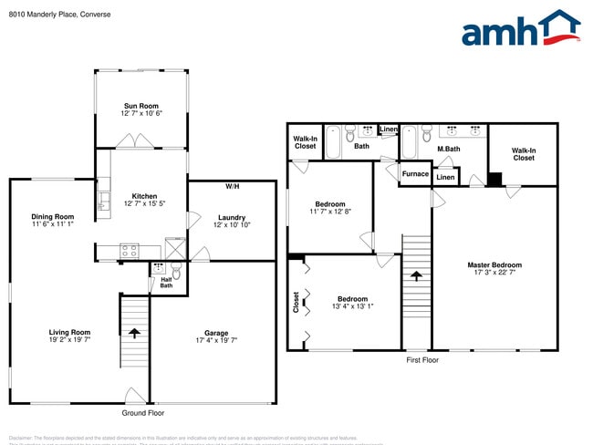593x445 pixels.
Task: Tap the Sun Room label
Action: [140, 107]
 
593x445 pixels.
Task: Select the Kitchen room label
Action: [144, 196]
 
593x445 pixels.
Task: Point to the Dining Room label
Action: [51, 216]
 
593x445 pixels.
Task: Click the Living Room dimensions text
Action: [69, 339]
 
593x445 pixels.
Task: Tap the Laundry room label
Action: [232, 217]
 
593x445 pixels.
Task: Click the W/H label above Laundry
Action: [232, 186]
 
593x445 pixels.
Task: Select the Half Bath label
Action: [166, 283]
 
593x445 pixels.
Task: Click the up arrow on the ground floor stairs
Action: [135, 332]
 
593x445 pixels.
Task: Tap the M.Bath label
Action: [447, 149]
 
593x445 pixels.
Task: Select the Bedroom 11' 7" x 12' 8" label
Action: [330, 204]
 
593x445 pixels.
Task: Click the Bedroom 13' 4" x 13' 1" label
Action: [352, 299]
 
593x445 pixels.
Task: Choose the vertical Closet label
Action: [296, 302]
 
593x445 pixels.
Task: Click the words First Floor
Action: [422, 360]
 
